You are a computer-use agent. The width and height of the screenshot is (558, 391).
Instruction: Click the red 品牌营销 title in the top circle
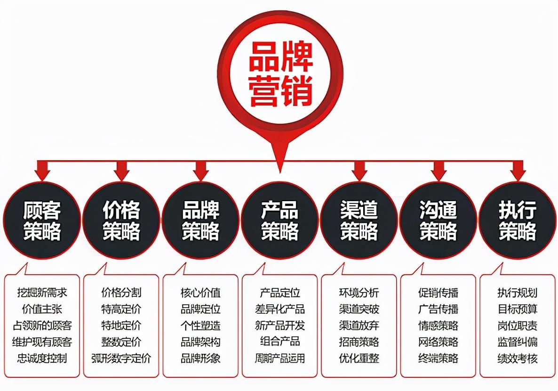pyautogui.click(x=281, y=74)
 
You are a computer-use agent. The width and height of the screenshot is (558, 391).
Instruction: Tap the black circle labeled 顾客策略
pyautogui.click(x=42, y=220)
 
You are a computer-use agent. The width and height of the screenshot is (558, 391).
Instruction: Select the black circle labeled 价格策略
pyautogui.click(x=121, y=220)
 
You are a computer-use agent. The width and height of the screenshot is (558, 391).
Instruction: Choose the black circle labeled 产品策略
pyautogui.click(x=280, y=220)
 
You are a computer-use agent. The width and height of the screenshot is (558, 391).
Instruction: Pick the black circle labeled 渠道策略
pyautogui.click(x=359, y=220)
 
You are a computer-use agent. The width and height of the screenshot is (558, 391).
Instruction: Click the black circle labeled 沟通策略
pyautogui.click(x=438, y=220)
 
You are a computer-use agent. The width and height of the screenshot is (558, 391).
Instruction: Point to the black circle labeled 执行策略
pyautogui.click(x=518, y=220)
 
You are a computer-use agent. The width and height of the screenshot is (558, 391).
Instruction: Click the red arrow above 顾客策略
pyautogui.click(x=42, y=171)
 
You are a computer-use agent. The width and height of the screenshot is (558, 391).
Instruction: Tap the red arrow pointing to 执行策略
pyautogui.click(x=518, y=171)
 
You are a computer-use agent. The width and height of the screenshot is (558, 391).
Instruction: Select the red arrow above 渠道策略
pyautogui.click(x=359, y=171)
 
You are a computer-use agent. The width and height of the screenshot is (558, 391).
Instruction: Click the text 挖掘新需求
pyautogui.click(x=42, y=293)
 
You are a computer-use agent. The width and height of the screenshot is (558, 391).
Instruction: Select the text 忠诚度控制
pyautogui.click(x=42, y=358)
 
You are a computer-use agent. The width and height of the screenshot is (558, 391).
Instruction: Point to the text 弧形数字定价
pyautogui.click(x=121, y=358)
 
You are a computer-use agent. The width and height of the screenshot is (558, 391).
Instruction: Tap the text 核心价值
pyautogui.click(x=201, y=293)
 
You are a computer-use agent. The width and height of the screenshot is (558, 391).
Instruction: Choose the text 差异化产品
pyautogui.click(x=280, y=309)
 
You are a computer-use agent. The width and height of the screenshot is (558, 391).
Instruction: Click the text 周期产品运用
pyautogui.click(x=280, y=358)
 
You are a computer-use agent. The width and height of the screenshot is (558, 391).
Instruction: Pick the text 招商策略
pyautogui.click(x=359, y=342)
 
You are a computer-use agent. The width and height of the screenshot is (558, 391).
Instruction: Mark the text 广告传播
pyautogui.click(x=438, y=309)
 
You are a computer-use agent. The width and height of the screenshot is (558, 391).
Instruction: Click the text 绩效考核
pyautogui.click(x=518, y=358)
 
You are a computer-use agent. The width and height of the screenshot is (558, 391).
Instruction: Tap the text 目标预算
pyautogui.click(x=518, y=309)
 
